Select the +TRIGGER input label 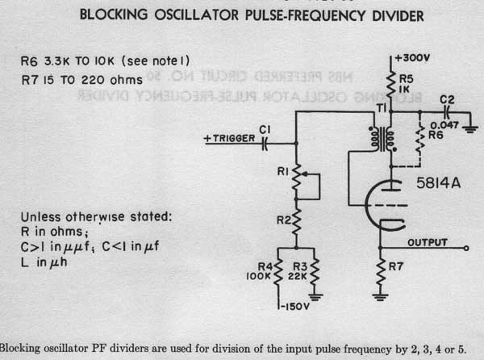click(227, 140)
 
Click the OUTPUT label click(428, 242)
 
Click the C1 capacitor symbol click(265, 140)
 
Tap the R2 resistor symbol click(296, 219)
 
